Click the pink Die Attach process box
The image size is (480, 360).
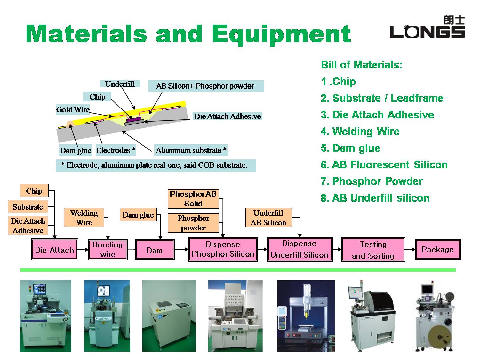tap(54, 249)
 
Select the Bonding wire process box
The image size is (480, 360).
tap(108, 249)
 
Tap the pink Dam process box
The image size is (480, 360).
tap(155, 250)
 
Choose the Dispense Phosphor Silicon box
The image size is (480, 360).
tap(223, 249)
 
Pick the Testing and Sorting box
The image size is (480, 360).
tap(373, 249)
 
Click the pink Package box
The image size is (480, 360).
tap(438, 249)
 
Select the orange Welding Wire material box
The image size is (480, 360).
tap(84, 218)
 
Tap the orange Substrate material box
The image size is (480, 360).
tap(28, 206)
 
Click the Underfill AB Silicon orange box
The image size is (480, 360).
tap(268, 218)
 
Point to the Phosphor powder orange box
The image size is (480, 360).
tap(193, 223)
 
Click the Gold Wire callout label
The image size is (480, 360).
tap(73, 109)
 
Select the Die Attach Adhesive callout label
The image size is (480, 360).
tap(227, 116)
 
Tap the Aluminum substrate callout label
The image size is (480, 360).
tap(191, 150)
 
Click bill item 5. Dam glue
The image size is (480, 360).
tap(350, 148)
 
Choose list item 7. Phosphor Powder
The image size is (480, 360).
tap(372, 181)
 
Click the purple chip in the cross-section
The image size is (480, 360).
tap(134, 119)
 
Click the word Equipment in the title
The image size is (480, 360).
tap(281, 34)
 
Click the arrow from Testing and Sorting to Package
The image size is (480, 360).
tap(410, 249)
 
